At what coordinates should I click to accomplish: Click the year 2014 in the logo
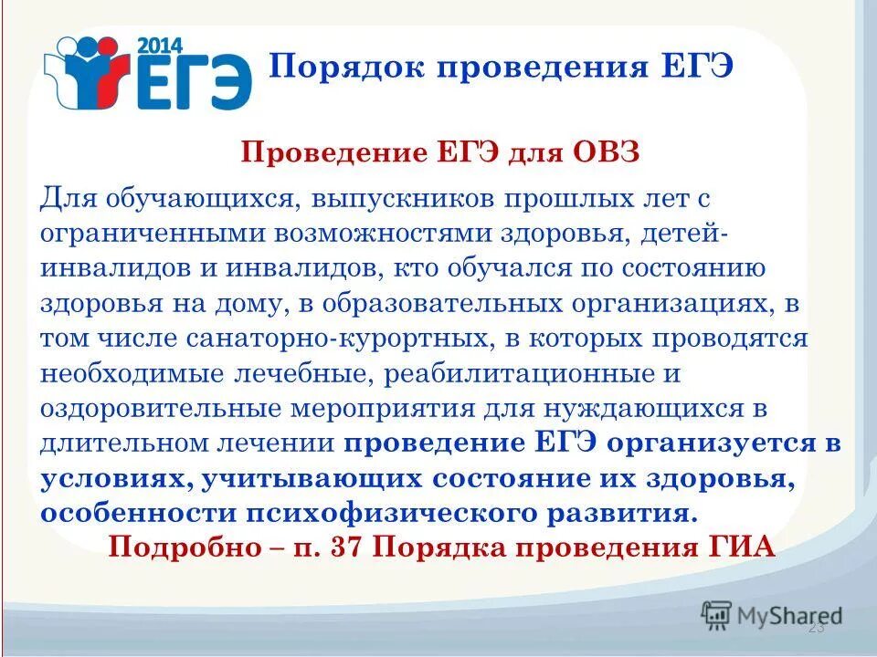click(160, 44)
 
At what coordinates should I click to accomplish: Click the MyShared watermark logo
click(772, 614)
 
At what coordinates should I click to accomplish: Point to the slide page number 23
click(816, 629)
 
